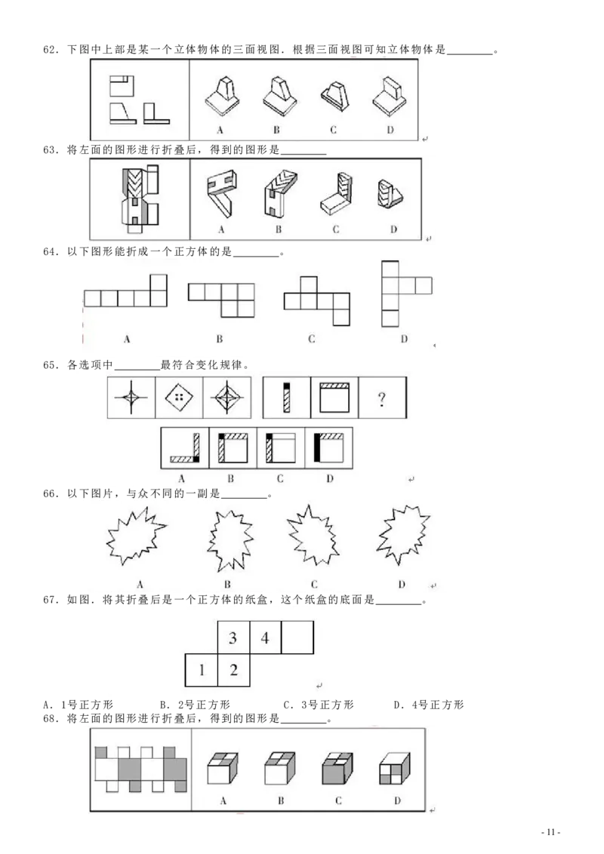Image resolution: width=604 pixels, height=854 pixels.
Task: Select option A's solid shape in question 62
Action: pyautogui.click(x=223, y=96)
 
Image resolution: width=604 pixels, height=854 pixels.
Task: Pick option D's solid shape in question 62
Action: pyautogui.click(x=390, y=97)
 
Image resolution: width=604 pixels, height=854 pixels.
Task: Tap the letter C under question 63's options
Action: pyautogui.click(x=335, y=229)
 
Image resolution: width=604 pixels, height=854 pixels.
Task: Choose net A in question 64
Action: pyautogui.click(x=125, y=290)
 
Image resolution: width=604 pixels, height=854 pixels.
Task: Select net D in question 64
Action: pyautogui.click(x=406, y=293)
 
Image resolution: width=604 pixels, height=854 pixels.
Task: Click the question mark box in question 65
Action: pyautogui.click(x=382, y=398)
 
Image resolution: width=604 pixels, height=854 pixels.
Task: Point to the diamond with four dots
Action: pyautogui.click(x=179, y=397)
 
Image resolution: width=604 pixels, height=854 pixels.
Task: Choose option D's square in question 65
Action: pyautogui.click(x=328, y=447)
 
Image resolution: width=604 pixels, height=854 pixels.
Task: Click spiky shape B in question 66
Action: pyautogui.click(x=230, y=540)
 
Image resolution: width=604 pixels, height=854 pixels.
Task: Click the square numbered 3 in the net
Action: pyautogui.click(x=233, y=637)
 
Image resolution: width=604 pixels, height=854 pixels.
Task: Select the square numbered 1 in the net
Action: pyautogui.click(x=201, y=670)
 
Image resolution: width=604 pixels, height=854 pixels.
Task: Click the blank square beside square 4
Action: pyautogui.click(x=297, y=637)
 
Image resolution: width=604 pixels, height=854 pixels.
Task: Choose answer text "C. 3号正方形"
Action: pyautogui.click(x=319, y=705)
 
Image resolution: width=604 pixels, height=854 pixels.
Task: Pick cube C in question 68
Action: pyautogui.click(x=337, y=768)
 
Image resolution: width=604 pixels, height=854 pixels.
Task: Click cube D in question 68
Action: pyautogui.click(x=395, y=768)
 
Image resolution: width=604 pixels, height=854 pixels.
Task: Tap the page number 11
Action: pyautogui.click(x=550, y=831)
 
